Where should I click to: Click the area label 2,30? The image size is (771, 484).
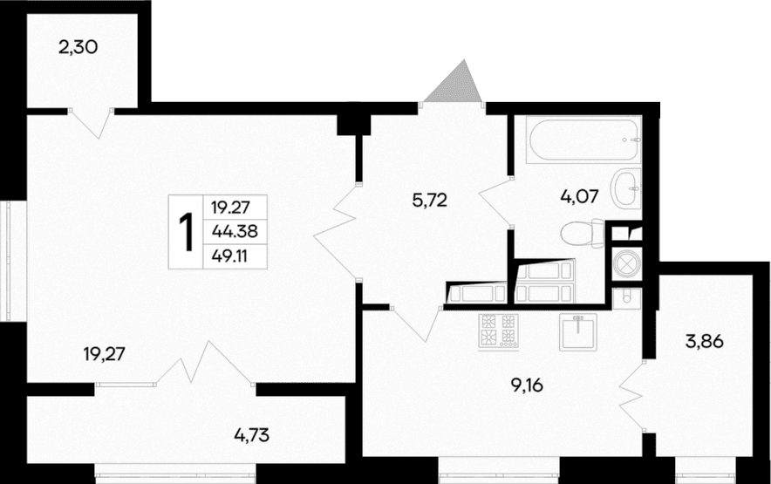[x=77, y=47]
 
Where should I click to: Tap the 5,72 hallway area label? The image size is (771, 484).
[x=429, y=200]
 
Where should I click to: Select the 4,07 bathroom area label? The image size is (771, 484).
[x=579, y=196]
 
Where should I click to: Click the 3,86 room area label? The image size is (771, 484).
[x=706, y=341]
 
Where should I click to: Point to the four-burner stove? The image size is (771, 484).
[x=498, y=331]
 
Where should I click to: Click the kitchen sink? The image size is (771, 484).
[x=577, y=331]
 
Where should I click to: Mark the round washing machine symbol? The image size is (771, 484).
[x=627, y=264]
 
